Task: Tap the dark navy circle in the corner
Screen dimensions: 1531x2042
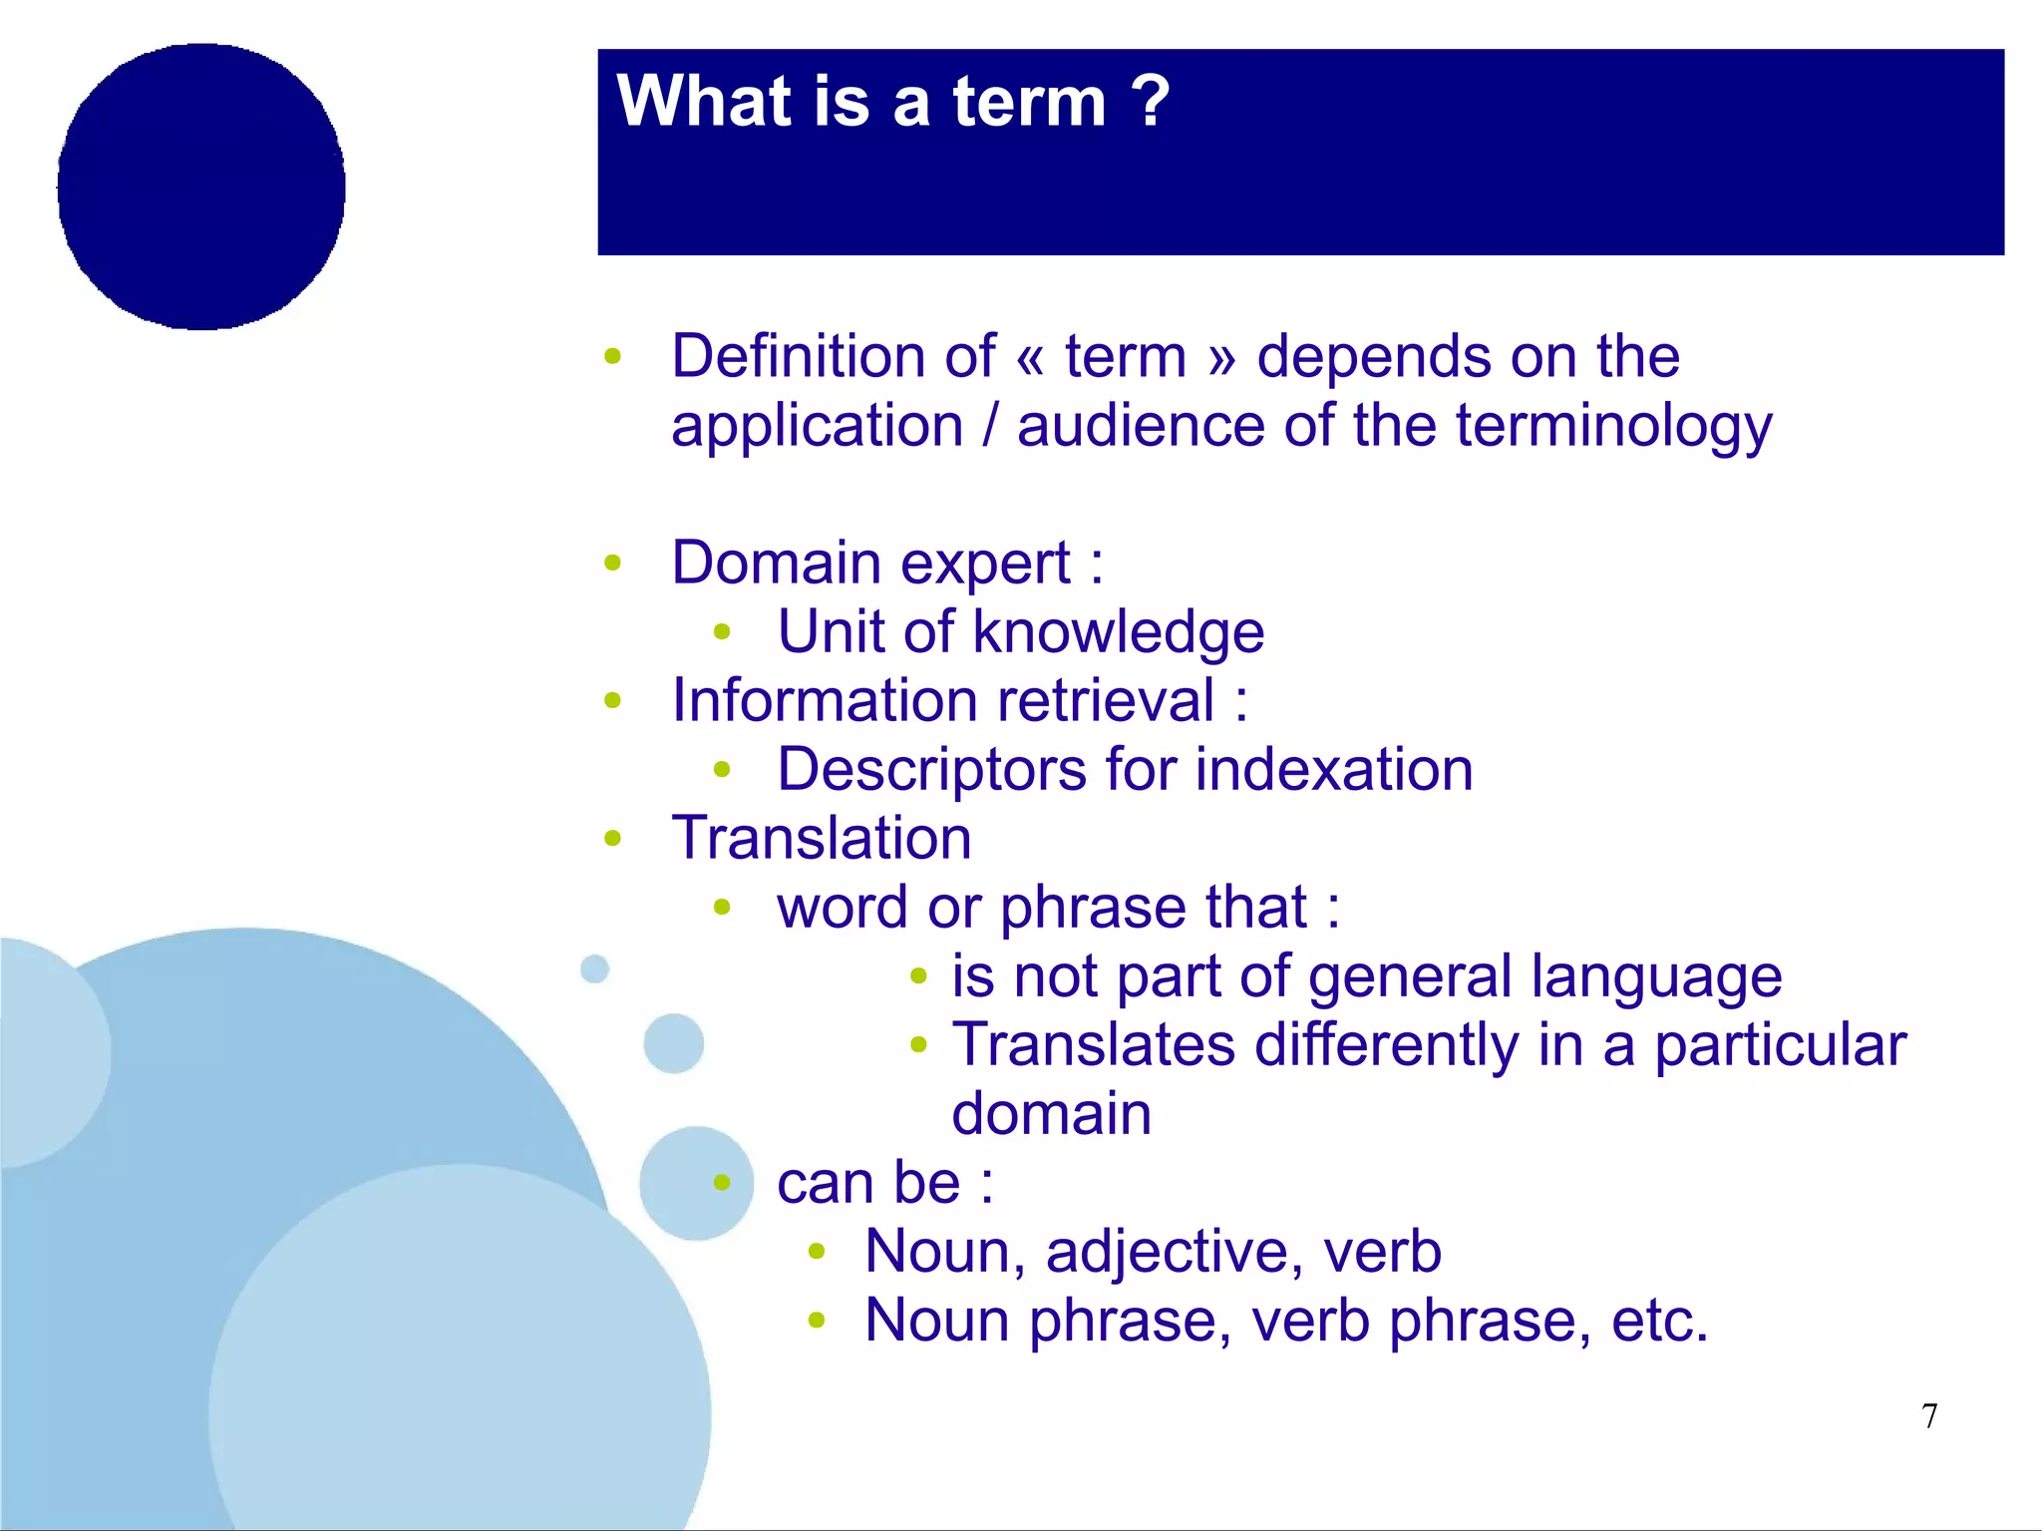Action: (x=201, y=187)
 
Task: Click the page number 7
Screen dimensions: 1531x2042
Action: (x=1929, y=1416)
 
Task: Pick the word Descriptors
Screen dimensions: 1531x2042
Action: (x=931, y=771)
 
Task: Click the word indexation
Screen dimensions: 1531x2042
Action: (x=1333, y=770)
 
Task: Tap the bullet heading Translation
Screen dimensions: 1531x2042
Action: (x=821, y=838)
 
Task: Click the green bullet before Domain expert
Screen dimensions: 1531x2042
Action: (x=612, y=564)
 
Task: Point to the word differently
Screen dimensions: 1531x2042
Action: (x=1386, y=1045)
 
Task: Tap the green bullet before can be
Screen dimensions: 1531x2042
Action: (x=722, y=1184)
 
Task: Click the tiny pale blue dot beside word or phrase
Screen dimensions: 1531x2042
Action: (x=594, y=968)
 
